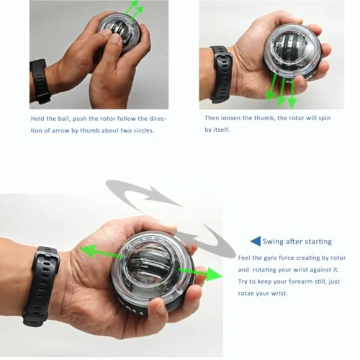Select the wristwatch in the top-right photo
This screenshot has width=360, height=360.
(x=221, y=74)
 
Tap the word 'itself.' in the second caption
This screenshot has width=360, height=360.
(x=222, y=130)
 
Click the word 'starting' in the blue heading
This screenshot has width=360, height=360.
(x=318, y=242)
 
